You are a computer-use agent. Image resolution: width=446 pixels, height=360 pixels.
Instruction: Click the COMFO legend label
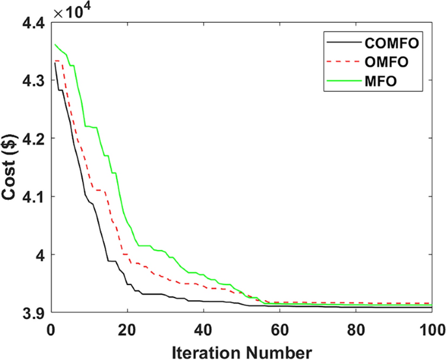point(391,44)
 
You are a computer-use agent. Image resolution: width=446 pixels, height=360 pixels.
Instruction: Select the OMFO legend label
point(387,63)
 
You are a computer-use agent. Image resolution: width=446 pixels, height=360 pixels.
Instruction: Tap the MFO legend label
point(382,82)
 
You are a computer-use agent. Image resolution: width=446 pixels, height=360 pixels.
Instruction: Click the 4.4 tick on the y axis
point(34,23)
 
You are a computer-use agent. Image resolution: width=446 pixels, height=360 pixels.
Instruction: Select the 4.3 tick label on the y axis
point(34,81)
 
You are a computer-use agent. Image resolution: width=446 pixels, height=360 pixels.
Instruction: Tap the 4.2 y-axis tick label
point(34,139)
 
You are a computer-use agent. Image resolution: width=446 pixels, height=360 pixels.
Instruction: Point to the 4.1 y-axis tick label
point(34,197)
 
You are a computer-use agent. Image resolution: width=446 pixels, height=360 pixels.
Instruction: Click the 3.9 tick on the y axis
point(34,312)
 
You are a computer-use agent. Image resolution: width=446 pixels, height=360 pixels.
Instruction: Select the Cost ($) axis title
point(11,168)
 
